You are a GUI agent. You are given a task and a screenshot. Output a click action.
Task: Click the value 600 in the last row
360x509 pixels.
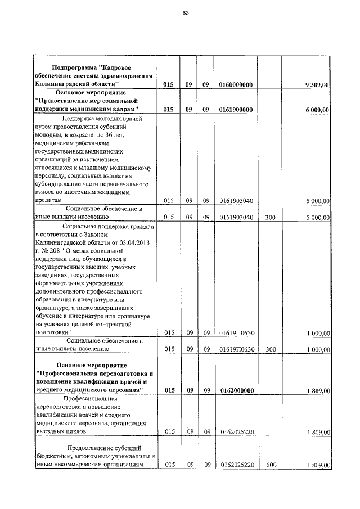click(271, 465)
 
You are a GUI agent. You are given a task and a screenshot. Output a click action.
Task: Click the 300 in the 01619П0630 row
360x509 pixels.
click(271, 349)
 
